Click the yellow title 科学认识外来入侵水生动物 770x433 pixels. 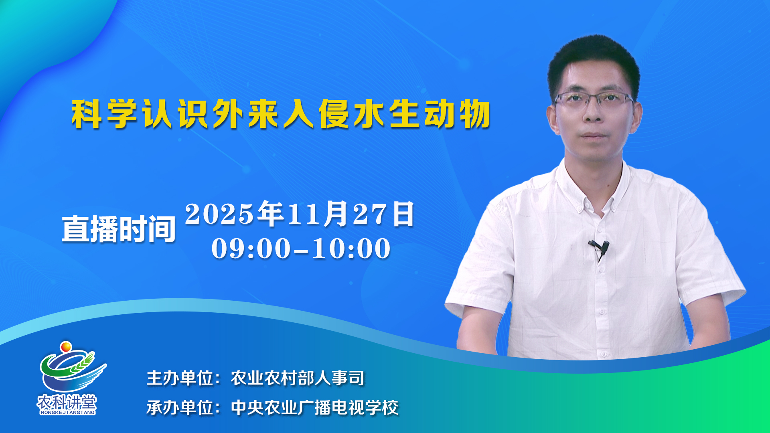pyautogui.click(x=281, y=114)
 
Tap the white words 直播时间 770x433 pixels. pyautogui.click(x=119, y=229)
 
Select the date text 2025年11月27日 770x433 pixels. pyautogui.click(x=300, y=214)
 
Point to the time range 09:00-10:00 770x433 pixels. pyautogui.click(x=301, y=248)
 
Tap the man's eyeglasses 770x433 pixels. pyautogui.click(x=594, y=100)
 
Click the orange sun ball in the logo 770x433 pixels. pyautogui.click(x=66, y=346)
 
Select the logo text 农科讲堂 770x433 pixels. pyautogui.click(x=67, y=402)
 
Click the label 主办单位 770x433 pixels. pyautogui.click(x=180, y=378)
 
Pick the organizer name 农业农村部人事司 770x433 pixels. pyautogui.click(x=298, y=378)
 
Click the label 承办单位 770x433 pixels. pyautogui.click(x=180, y=408)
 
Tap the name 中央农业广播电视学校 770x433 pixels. pyautogui.click(x=314, y=408)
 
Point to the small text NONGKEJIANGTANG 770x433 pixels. pyautogui.click(x=67, y=412)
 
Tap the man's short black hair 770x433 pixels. pyautogui.click(x=594, y=60)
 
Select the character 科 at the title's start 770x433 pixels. pyautogui.click(x=86, y=114)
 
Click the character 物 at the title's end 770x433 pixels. pyautogui.click(x=475, y=114)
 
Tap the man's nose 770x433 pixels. pyautogui.click(x=593, y=114)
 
